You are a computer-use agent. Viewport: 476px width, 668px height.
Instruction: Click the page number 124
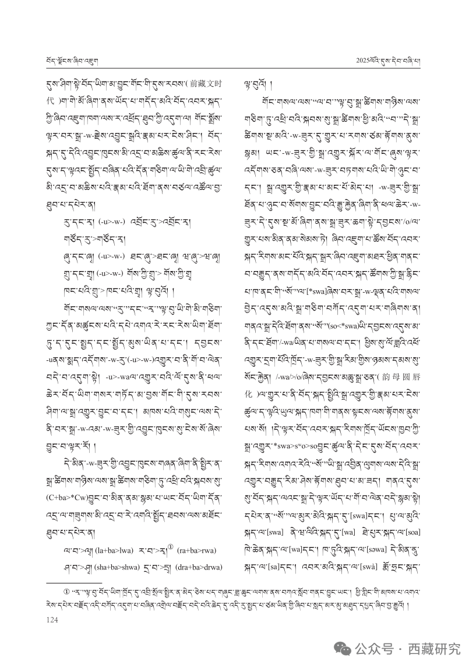51,620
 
